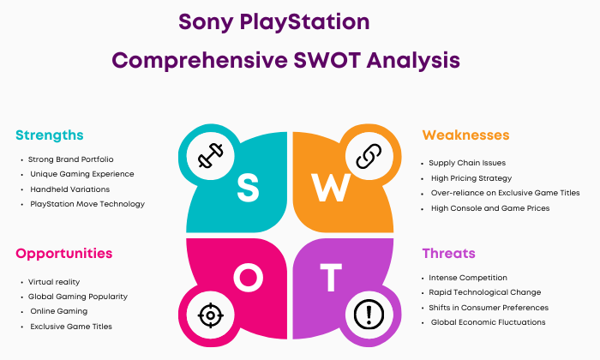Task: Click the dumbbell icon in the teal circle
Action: pyautogui.click(x=211, y=156)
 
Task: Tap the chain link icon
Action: pyautogui.click(x=369, y=156)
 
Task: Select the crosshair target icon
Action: pyautogui.click(x=211, y=315)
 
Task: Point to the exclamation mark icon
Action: pyautogui.click(x=369, y=315)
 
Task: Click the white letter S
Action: pyautogui.click(x=248, y=188)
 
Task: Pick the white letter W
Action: pyautogui.click(x=331, y=188)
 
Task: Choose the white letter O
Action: pyautogui.click(x=249, y=278)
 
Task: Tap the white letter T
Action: pyautogui.click(x=331, y=278)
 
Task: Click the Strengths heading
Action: pyautogui.click(x=50, y=135)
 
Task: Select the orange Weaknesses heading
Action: pyautogui.click(x=465, y=135)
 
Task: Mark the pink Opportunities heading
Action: pyautogui.click(x=64, y=254)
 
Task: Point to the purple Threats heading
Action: pyautogui.click(x=449, y=253)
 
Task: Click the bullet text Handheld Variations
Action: pyautogui.click(x=70, y=189)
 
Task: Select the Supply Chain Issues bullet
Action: pyautogui.click(x=467, y=163)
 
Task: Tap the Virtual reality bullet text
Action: pyautogui.click(x=54, y=282)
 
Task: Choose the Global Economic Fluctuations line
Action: pyautogui.click(x=489, y=322)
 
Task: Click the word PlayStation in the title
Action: pyautogui.click(x=304, y=22)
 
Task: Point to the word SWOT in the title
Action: pyautogui.click(x=327, y=61)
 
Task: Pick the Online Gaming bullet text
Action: pyautogui.click(x=59, y=311)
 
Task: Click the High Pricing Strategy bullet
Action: pyautogui.click(x=471, y=178)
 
